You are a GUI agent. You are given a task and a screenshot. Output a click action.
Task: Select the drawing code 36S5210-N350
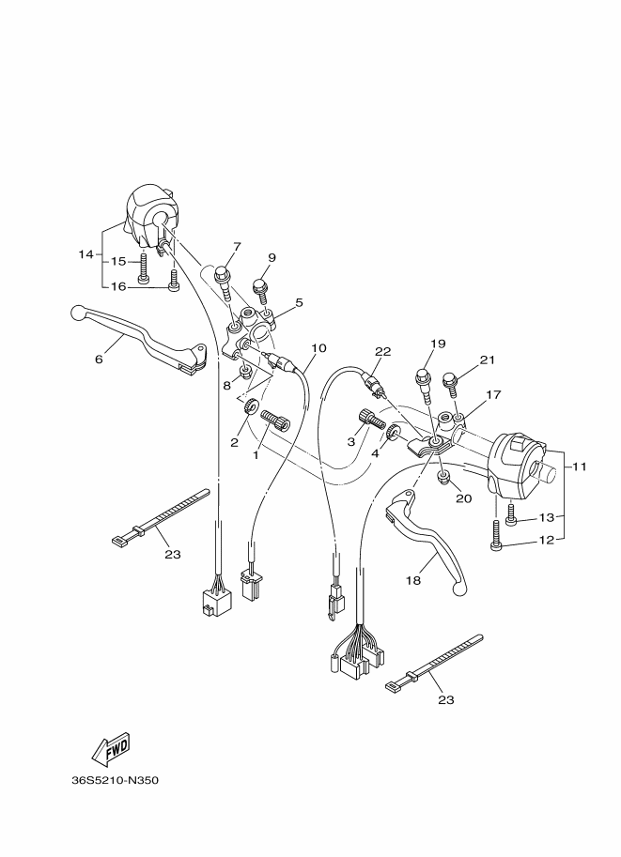click(x=115, y=780)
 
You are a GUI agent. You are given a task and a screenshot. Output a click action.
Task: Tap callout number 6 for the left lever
click(x=98, y=358)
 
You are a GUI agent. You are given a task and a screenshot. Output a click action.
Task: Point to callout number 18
click(x=413, y=581)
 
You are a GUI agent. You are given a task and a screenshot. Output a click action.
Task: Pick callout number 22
click(x=381, y=351)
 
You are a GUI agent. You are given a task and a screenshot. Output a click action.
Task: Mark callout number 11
click(x=579, y=466)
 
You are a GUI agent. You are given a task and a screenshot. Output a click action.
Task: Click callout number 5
click(x=298, y=302)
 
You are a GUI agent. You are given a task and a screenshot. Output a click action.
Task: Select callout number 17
click(x=493, y=395)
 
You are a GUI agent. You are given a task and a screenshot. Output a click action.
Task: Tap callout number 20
click(x=463, y=498)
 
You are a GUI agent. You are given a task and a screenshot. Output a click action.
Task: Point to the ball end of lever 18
click(x=458, y=589)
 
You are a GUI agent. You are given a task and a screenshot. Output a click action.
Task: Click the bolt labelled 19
click(x=422, y=379)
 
